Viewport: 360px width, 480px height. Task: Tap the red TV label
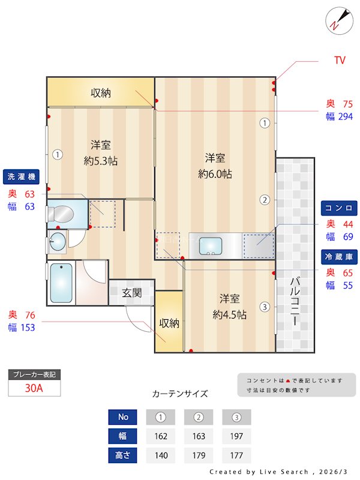tap(340, 61)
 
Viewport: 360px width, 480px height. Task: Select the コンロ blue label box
tap(339, 208)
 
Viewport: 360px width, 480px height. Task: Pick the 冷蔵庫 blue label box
tap(339, 256)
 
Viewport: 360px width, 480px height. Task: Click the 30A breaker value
tap(34, 388)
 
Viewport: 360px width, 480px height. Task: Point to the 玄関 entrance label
tap(132, 293)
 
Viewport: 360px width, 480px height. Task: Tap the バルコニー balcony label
tap(295, 301)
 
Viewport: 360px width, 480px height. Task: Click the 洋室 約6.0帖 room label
tap(215, 166)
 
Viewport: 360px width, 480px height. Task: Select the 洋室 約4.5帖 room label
tap(230, 306)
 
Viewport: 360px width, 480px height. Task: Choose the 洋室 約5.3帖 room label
tap(100, 152)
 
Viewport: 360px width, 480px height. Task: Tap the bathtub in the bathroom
tap(61, 283)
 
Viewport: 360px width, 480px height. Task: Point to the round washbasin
tap(58, 242)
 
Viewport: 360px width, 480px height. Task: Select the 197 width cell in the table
tap(236, 436)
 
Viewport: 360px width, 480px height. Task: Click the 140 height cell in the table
tap(161, 455)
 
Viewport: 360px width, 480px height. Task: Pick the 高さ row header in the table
tap(123, 455)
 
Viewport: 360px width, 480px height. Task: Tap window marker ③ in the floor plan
tap(265, 307)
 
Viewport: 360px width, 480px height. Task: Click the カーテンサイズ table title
tap(180, 394)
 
